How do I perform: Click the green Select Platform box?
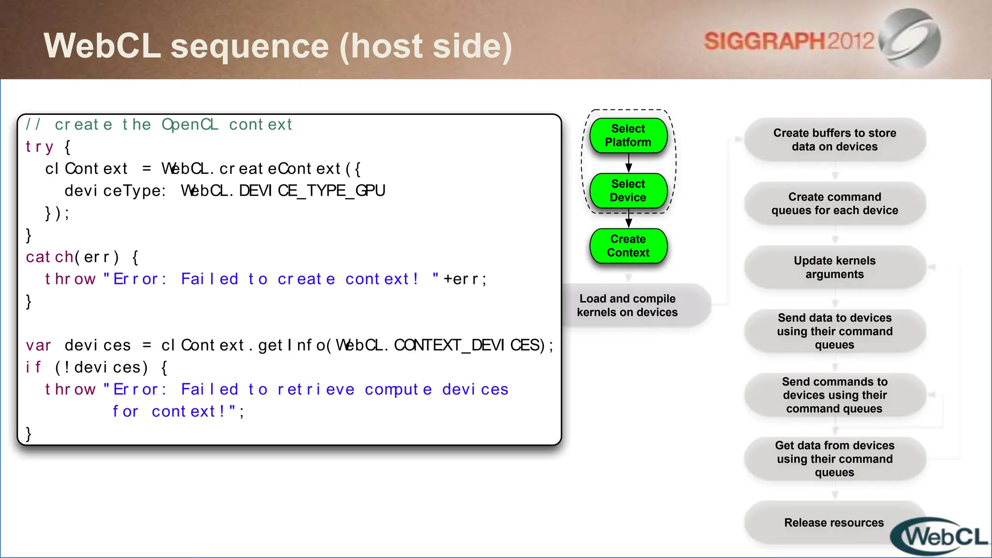pyautogui.click(x=628, y=136)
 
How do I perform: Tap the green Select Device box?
pyautogui.click(x=628, y=191)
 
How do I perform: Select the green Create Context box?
pyautogui.click(x=628, y=246)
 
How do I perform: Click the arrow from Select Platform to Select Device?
pyautogui.click(x=629, y=163)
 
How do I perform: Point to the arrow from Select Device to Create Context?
pyautogui.click(x=629, y=218)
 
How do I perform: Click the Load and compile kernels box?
pyautogui.click(x=628, y=306)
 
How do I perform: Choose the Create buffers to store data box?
pyautogui.click(x=835, y=140)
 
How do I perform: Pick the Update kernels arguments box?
pyautogui.click(x=835, y=267)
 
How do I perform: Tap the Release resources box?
pyautogui.click(x=834, y=523)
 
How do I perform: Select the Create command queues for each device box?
pyautogui.click(x=835, y=203)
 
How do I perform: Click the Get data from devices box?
pyautogui.click(x=835, y=459)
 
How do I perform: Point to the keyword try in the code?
pyautogui.click(x=39, y=147)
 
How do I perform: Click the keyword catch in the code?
pyautogui.click(x=49, y=257)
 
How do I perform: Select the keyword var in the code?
pyautogui.click(x=38, y=345)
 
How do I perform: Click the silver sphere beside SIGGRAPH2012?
pyautogui.click(x=911, y=39)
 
